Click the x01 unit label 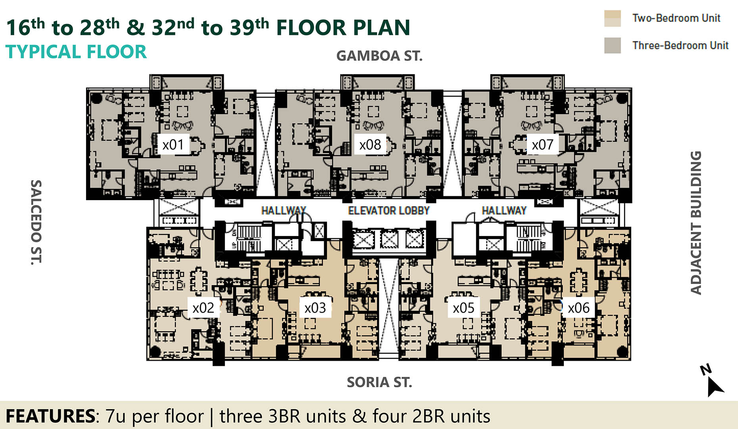pyautogui.click(x=173, y=145)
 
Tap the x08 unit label pyautogui.click(x=370, y=145)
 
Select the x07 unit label pyautogui.click(x=542, y=145)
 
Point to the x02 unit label pyautogui.click(x=203, y=308)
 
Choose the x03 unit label pyautogui.click(x=315, y=308)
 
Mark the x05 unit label pyautogui.click(x=463, y=308)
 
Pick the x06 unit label pyautogui.click(x=578, y=308)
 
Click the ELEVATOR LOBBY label pyautogui.click(x=389, y=211)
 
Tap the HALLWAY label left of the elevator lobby pyautogui.click(x=283, y=211)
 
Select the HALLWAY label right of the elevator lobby pyautogui.click(x=504, y=211)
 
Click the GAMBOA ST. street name pyautogui.click(x=379, y=56)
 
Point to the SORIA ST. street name pyautogui.click(x=379, y=382)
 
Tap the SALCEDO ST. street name pyautogui.click(x=36, y=222)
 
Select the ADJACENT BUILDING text pyautogui.click(x=696, y=223)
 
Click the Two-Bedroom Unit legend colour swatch pyautogui.click(x=612, y=18)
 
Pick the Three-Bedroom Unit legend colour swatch pyautogui.click(x=612, y=45)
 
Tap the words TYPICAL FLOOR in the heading pyautogui.click(x=76, y=52)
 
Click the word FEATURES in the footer pyautogui.click(x=50, y=416)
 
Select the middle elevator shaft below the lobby pyautogui.click(x=389, y=240)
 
